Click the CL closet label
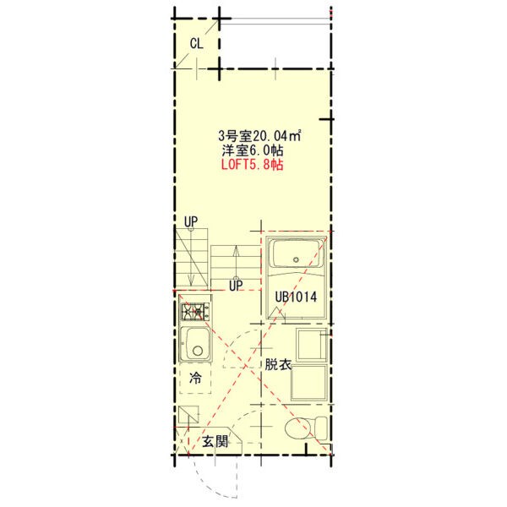pyautogui.click(x=197, y=43)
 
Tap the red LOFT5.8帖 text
pyautogui.click(x=252, y=165)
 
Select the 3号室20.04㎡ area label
pyautogui.click(x=259, y=136)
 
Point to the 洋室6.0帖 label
pyautogui.click(x=253, y=150)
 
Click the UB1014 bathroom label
pyautogui.click(x=296, y=297)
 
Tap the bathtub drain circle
pyautogui.click(x=296, y=259)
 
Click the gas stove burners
pyautogui.click(x=195, y=312)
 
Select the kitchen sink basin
pyautogui.click(x=196, y=344)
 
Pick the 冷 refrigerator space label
pyautogui.click(x=195, y=378)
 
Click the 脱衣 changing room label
pyautogui.click(x=278, y=364)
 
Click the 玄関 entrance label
pyautogui.click(x=215, y=441)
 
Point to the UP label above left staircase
pyautogui.click(x=191, y=221)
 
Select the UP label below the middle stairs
pyautogui.click(x=236, y=286)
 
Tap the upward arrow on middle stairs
pyautogui.click(x=236, y=262)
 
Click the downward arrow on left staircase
pyautogui.click(x=191, y=257)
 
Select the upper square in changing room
pyautogui.click(x=312, y=345)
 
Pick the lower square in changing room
pyautogui.click(x=309, y=383)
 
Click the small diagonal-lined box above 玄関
pyautogui.click(x=188, y=415)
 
